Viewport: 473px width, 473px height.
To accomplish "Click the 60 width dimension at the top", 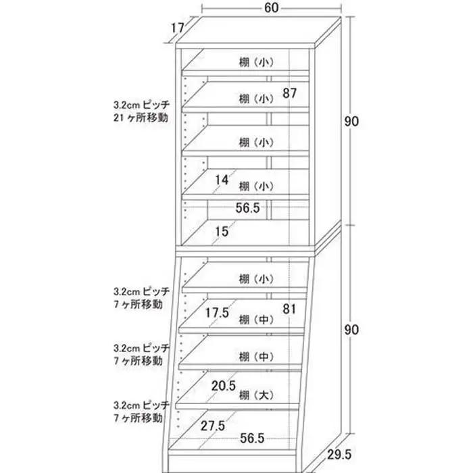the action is pos(271,8).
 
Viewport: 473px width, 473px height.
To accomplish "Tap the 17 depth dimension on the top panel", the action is pos(178,28).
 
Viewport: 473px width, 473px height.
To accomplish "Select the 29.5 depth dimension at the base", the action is pos(339,455).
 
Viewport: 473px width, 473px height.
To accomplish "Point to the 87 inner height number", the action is pos(290,93).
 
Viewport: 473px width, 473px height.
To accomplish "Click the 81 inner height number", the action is pos(289,309).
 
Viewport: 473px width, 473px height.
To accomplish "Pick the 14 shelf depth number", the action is pos(222,180).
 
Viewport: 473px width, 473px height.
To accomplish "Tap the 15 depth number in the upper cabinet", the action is pos(222,232).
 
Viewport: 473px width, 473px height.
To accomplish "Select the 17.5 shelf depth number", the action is pos(217,313).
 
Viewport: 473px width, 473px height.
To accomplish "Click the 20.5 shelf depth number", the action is pos(224,386).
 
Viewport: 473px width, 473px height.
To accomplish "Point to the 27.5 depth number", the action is pos(213,426).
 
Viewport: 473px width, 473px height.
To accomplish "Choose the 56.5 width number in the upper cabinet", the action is pos(248,208).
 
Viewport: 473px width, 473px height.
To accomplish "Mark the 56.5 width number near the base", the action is pos(252,438).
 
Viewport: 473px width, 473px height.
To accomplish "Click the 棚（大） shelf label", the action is pos(256,395).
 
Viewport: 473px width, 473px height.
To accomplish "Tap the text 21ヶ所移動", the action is pos(141,118).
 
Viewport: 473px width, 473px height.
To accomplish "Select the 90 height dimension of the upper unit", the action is pos(351,122).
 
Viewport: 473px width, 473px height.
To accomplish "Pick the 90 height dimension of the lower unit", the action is pos(351,330).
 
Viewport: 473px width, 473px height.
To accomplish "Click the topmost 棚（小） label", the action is pos(256,62).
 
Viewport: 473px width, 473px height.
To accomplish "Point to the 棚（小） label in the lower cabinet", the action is pos(256,279).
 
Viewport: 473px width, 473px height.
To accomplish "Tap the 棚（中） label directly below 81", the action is pos(256,320).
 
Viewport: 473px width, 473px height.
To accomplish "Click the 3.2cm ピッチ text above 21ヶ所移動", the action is pos(142,105).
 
